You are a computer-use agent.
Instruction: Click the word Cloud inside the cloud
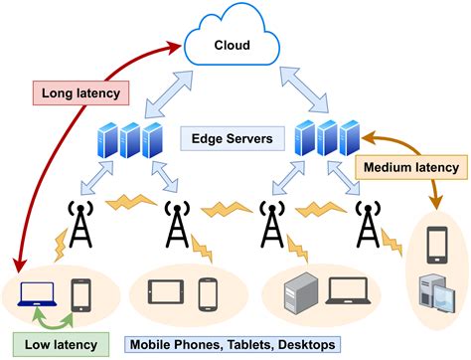tap(233, 45)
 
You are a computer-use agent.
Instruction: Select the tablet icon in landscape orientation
tap(166, 292)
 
